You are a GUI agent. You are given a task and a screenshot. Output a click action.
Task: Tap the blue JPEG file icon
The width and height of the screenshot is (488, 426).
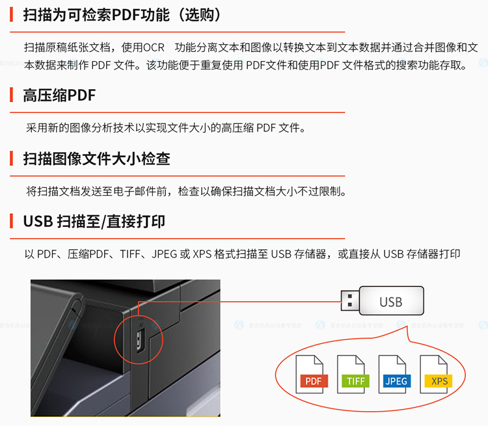tap(394, 375)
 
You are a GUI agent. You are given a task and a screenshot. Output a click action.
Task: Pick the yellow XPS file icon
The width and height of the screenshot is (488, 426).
tap(436, 375)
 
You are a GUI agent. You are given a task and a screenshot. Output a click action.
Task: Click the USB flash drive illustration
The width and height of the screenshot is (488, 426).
tap(382, 300)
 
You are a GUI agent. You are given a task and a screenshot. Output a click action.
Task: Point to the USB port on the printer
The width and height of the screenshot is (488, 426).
tap(140, 341)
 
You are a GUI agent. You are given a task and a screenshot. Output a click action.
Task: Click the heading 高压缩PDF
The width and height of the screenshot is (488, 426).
tap(59, 95)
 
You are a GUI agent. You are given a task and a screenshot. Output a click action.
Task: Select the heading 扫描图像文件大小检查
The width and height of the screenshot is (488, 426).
tap(96, 159)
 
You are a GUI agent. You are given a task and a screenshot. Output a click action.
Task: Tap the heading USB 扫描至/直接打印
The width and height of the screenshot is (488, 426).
tap(94, 222)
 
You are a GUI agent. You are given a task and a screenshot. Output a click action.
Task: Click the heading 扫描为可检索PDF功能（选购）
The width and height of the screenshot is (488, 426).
tap(122, 14)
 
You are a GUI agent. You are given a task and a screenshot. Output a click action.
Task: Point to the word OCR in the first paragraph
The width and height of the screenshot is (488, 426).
tap(154, 47)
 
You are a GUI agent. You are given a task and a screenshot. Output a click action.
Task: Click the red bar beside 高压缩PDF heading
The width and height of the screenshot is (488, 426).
tap(12, 95)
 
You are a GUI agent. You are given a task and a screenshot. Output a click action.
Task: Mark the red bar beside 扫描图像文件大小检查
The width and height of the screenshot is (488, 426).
tap(12, 159)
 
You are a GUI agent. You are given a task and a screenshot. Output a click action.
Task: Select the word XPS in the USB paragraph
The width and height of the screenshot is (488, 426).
tap(202, 254)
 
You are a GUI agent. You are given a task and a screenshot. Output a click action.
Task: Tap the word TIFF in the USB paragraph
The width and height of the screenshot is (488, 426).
tap(130, 254)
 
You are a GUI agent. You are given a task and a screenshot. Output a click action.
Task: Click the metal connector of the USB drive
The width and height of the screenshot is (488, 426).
tap(351, 300)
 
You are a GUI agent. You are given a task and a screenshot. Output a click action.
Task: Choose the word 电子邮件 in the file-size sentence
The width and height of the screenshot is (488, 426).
tap(135, 191)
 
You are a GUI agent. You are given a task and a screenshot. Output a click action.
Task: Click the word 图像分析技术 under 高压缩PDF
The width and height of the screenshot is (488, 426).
tap(102, 128)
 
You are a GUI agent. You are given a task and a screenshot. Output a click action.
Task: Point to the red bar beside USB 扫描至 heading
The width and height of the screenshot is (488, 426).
tap(12, 221)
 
